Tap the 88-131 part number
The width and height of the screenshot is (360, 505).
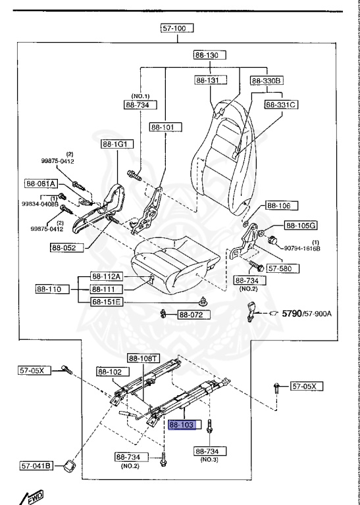click(x=210, y=80)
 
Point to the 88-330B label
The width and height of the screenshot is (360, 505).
click(x=266, y=80)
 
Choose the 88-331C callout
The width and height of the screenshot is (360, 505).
click(x=282, y=104)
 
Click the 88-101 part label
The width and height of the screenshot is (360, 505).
click(x=165, y=127)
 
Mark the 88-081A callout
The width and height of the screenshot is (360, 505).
click(x=41, y=183)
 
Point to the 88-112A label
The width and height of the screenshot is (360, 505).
click(x=107, y=277)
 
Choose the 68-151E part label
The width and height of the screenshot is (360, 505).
click(x=107, y=302)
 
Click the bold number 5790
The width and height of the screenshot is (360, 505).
click(x=296, y=313)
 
